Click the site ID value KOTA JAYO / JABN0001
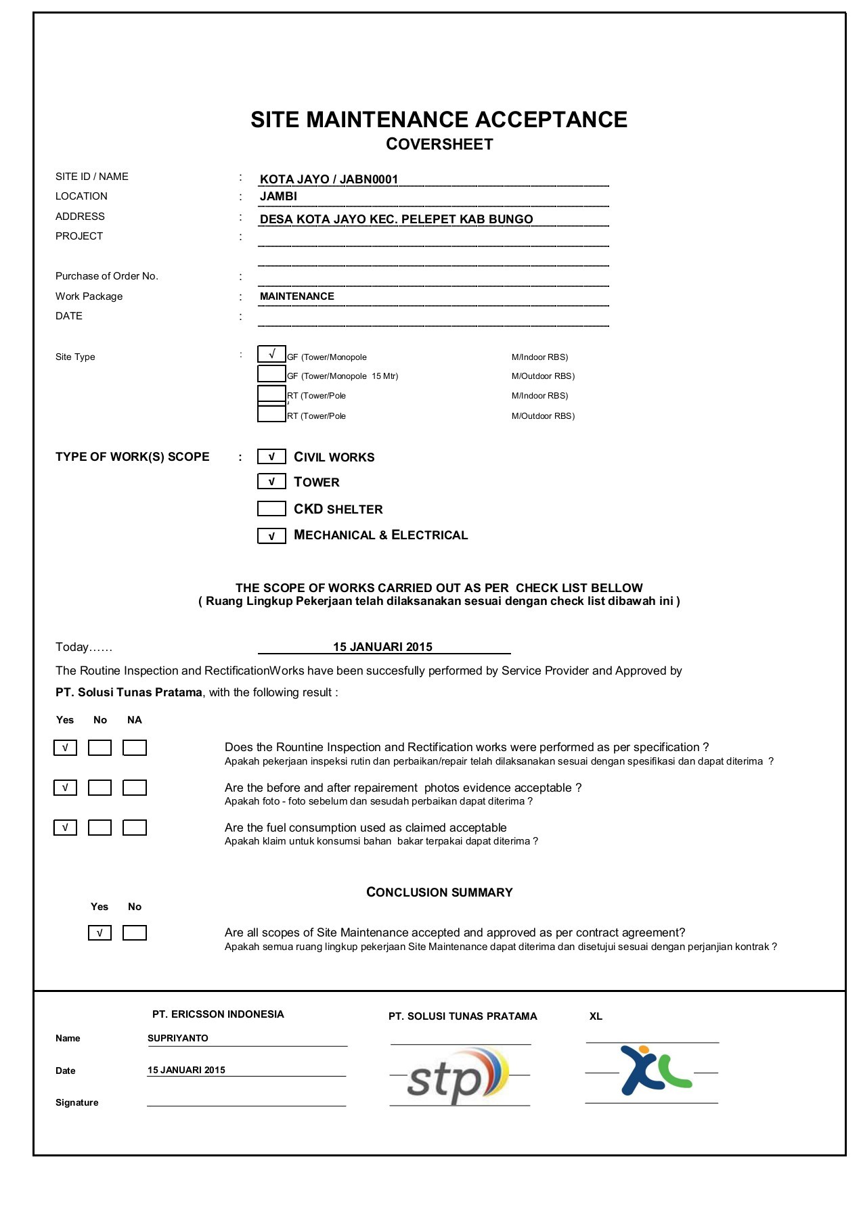(329, 179)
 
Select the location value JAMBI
(278, 196)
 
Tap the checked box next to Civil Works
(271, 457)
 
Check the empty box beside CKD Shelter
(271, 508)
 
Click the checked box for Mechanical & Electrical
(271, 536)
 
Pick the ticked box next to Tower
(271, 482)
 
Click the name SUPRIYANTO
(178, 1038)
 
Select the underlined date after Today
(382, 647)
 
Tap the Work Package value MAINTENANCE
(296, 296)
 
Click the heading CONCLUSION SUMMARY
(439, 893)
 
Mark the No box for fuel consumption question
(100, 828)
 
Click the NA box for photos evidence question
(135, 788)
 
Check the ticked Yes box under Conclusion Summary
(100, 933)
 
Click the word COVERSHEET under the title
(439, 144)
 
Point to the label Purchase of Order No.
(107, 276)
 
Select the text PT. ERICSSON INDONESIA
(218, 1014)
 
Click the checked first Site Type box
(271, 354)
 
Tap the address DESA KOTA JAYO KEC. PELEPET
(396, 219)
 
